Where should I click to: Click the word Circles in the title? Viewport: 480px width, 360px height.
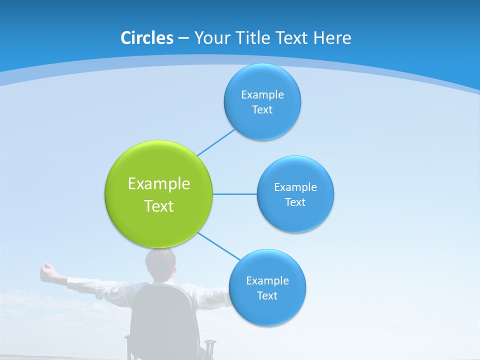[147, 37]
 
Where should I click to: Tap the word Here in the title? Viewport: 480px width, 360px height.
[332, 37]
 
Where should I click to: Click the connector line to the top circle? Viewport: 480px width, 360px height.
[216, 142]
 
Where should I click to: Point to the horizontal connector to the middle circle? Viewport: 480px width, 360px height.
[235, 194]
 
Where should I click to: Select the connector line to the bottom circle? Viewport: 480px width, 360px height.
[219, 246]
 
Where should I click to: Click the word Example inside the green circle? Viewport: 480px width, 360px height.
[159, 183]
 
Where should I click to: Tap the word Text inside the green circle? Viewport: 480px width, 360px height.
[159, 206]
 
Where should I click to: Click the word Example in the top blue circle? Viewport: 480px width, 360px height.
[262, 94]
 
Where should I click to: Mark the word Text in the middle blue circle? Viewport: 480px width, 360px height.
[295, 202]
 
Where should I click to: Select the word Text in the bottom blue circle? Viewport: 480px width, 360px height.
[267, 295]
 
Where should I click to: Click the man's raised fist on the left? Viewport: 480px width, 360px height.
[47, 270]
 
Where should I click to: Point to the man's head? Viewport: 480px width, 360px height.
[160, 262]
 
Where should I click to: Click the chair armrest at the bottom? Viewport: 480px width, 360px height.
[210, 345]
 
